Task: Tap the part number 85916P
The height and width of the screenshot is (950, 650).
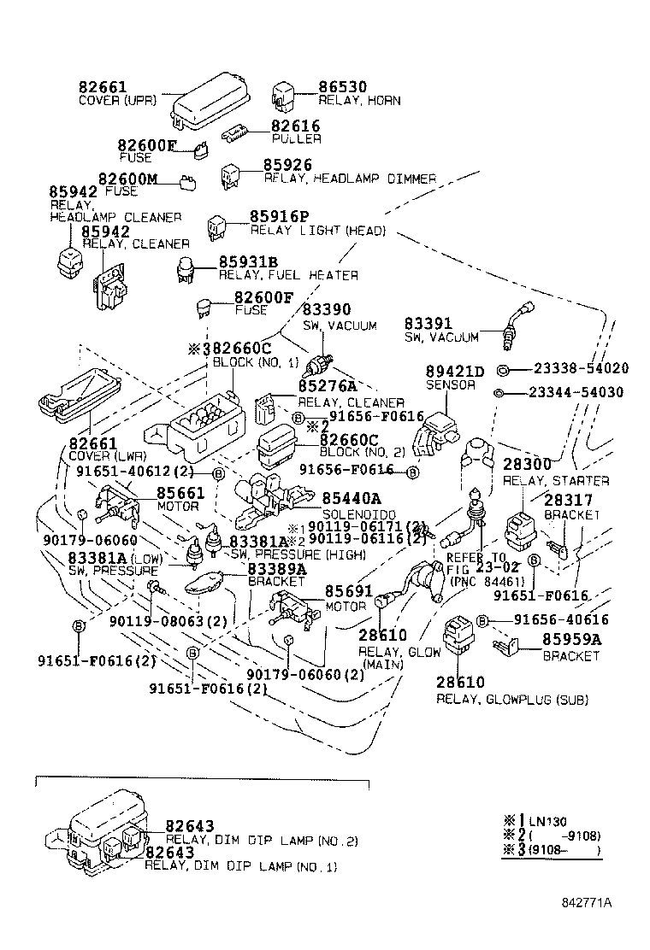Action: [x=280, y=217]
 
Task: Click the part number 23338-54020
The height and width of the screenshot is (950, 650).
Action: [x=581, y=368]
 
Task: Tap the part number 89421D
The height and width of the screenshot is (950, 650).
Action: [x=455, y=371]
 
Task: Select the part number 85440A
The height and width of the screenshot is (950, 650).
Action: [x=352, y=498]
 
